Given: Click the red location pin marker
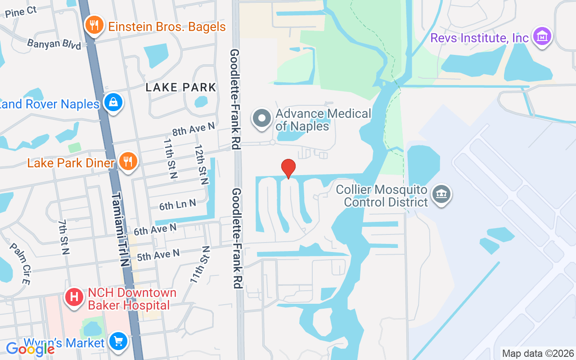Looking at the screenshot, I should (x=288, y=168).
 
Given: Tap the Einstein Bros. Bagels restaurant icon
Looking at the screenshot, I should (x=94, y=26).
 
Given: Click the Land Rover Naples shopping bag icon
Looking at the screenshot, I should (x=112, y=103).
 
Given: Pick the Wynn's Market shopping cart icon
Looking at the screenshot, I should (x=118, y=342).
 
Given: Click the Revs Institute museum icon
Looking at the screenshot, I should (x=542, y=37).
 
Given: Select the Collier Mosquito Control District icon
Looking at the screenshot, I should (x=441, y=194).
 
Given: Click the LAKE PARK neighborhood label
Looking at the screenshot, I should (x=181, y=87).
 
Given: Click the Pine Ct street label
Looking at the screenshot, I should (x=21, y=12).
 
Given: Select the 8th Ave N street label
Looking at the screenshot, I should (x=193, y=130).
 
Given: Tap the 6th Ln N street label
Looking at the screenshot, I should (x=178, y=205).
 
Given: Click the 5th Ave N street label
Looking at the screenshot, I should (x=158, y=255).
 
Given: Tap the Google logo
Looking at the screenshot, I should (x=30, y=348).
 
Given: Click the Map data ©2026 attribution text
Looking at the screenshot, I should (x=538, y=353).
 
